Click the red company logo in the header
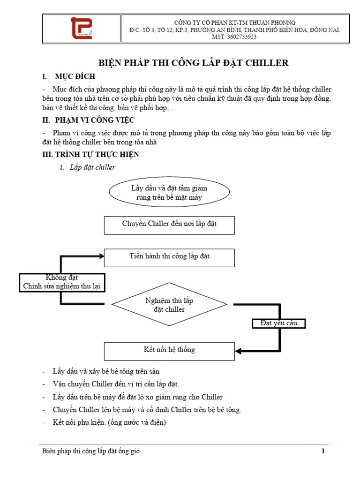82,28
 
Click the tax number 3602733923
242,37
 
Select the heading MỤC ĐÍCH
75,76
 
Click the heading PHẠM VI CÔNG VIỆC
95,120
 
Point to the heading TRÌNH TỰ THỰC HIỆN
97,154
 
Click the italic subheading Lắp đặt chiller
92,167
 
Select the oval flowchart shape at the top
169,192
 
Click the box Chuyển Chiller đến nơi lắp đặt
169,225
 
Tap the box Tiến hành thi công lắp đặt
169,258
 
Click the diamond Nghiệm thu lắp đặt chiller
169,304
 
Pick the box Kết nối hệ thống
169,352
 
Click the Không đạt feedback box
62,283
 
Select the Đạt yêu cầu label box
278,323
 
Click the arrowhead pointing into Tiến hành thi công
101,256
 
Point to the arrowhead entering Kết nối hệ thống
238,351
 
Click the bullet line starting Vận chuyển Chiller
116,384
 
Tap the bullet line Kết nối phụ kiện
109,422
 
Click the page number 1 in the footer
323,451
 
